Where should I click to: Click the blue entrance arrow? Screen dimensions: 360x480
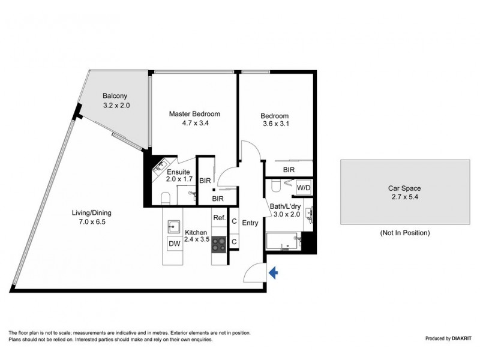(274, 273)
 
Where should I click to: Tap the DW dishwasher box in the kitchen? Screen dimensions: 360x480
(174, 244)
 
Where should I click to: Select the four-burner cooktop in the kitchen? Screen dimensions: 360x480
(218, 243)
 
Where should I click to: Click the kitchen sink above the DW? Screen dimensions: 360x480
(174, 226)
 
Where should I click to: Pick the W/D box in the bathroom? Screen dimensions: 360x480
(304, 187)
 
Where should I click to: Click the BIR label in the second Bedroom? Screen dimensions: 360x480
(289, 170)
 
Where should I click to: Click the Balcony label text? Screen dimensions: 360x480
(114, 96)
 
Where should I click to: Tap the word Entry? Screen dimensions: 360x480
(250, 223)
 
